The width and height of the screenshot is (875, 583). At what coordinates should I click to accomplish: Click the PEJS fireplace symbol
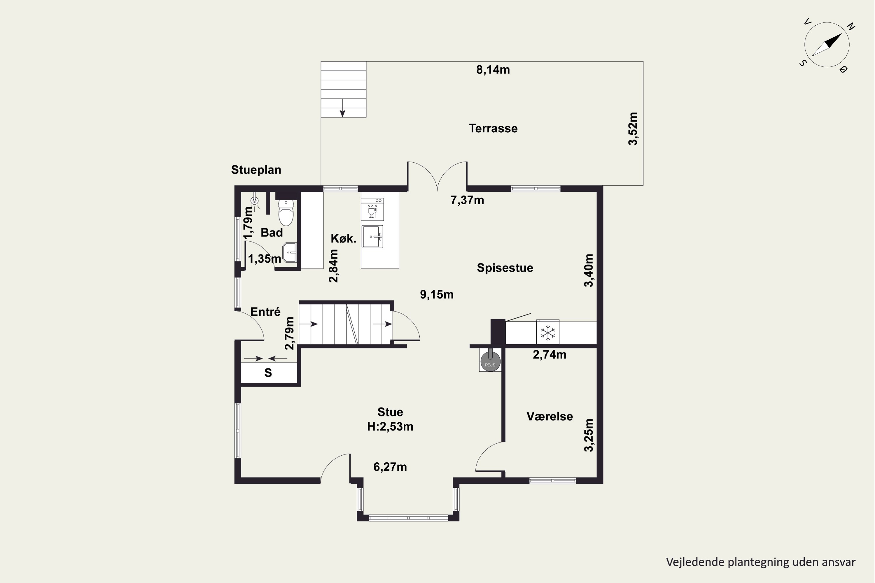click(490, 360)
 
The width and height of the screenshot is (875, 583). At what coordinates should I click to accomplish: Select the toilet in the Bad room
click(286, 213)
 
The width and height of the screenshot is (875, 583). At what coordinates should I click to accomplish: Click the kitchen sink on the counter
click(372, 236)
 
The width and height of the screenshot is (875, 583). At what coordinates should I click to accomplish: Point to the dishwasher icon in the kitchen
click(372, 209)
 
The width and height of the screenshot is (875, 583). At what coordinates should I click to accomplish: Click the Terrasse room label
click(493, 128)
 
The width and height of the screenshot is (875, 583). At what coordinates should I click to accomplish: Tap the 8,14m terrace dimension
click(493, 70)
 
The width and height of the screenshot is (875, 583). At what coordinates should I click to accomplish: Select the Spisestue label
click(505, 268)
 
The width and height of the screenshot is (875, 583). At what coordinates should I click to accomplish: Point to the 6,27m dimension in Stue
click(390, 467)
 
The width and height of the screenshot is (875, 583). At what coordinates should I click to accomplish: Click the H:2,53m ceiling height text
click(390, 426)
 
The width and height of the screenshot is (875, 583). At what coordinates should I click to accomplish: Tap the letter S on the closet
click(268, 373)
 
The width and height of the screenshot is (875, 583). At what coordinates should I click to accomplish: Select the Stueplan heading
click(256, 170)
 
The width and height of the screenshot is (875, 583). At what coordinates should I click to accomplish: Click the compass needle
click(827, 45)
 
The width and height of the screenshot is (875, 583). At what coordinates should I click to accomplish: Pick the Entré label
click(265, 312)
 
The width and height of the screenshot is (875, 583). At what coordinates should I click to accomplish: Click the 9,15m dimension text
click(437, 295)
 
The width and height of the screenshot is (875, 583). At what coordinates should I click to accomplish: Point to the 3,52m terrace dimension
click(633, 129)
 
